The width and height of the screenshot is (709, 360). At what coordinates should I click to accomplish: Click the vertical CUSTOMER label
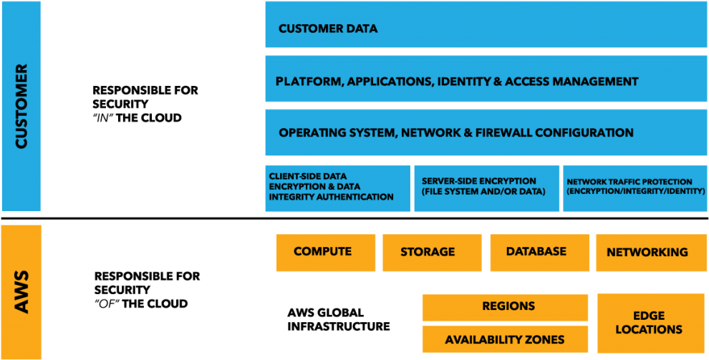(21, 106)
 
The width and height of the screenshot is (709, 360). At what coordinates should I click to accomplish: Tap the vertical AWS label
(21, 292)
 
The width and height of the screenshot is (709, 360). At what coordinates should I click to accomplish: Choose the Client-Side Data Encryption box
(337, 188)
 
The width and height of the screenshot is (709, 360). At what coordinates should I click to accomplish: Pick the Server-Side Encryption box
(486, 188)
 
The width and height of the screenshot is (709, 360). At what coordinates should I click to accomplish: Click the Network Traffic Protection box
(635, 188)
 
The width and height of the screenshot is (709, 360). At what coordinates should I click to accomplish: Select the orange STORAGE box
(431, 252)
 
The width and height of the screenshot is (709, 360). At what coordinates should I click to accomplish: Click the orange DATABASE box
(539, 252)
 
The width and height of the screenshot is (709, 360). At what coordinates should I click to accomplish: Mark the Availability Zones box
(506, 339)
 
